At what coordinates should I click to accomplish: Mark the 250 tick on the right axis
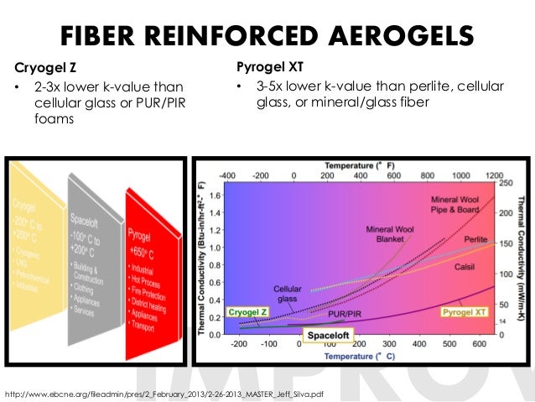(x=506, y=182)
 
